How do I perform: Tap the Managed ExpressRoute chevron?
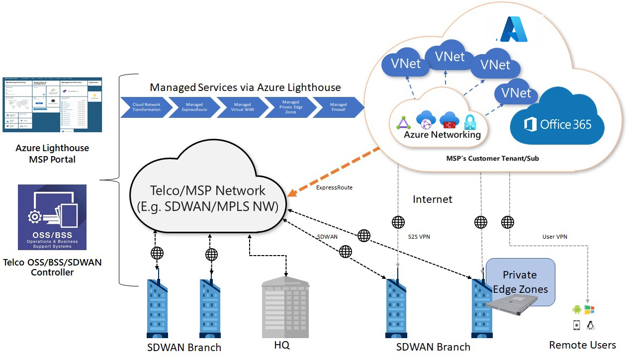(194, 107)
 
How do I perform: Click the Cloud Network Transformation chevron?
(146, 107)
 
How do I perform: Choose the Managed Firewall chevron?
(339, 107)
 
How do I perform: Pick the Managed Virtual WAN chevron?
(243, 107)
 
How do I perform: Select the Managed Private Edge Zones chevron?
(291, 107)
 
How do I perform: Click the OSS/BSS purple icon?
(52, 217)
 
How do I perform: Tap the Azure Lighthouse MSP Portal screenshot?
(52, 104)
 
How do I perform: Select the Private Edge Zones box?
(520, 281)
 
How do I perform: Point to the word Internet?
(433, 199)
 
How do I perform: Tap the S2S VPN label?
(419, 237)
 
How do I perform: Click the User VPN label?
(555, 237)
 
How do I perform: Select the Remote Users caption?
(582, 345)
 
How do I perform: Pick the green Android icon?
(577, 310)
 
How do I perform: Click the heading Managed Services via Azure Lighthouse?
(245, 88)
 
